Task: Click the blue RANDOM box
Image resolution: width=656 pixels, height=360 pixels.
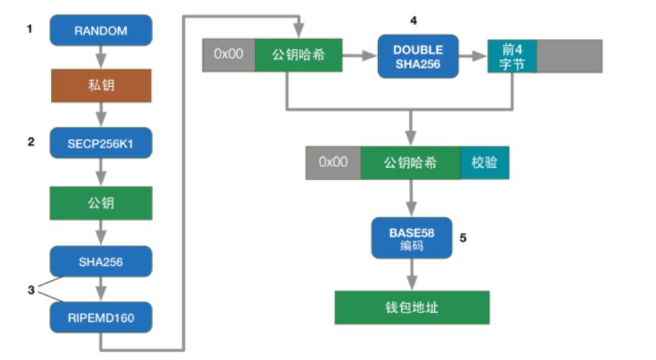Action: click(101, 31)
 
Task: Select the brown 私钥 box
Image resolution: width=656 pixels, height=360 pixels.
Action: click(101, 86)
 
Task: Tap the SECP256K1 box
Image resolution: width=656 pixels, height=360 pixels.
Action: click(101, 143)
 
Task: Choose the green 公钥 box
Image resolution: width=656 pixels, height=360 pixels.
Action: click(101, 203)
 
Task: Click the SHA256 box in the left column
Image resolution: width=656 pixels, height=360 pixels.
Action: click(101, 261)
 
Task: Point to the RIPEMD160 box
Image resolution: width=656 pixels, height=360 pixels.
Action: click(101, 316)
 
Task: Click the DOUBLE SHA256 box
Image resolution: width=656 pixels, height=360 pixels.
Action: click(418, 56)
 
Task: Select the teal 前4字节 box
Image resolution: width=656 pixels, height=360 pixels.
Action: click(512, 56)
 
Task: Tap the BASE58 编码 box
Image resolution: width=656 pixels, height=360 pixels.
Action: click(412, 238)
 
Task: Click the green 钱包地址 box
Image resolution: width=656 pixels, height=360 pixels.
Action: click(412, 307)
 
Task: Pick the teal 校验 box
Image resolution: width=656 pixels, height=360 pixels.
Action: click(485, 162)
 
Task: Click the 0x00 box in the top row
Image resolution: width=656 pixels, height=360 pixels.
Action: click(229, 55)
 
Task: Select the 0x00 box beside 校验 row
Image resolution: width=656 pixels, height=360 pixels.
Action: click(333, 162)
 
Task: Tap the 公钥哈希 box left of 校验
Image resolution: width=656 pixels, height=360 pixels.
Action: click(410, 162)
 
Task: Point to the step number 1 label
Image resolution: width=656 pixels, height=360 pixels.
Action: click(30, 30)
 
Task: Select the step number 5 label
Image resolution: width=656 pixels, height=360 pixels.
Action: click(463, 236)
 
